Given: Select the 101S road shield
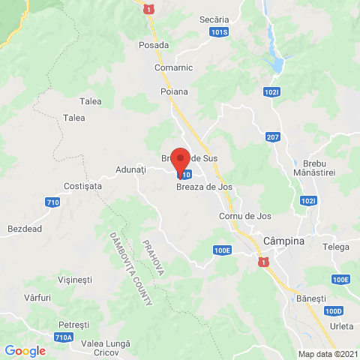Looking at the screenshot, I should pos(219,32).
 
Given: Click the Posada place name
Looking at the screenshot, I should pos(154,45).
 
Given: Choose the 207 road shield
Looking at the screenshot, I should pos(272,136).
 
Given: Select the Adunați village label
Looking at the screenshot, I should pos(130,169).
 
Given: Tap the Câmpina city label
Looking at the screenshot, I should pos(284,241).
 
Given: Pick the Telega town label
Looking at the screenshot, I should pos(336,246).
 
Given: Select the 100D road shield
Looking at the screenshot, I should pos(334,310).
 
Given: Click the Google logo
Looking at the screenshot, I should pos(25,350).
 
